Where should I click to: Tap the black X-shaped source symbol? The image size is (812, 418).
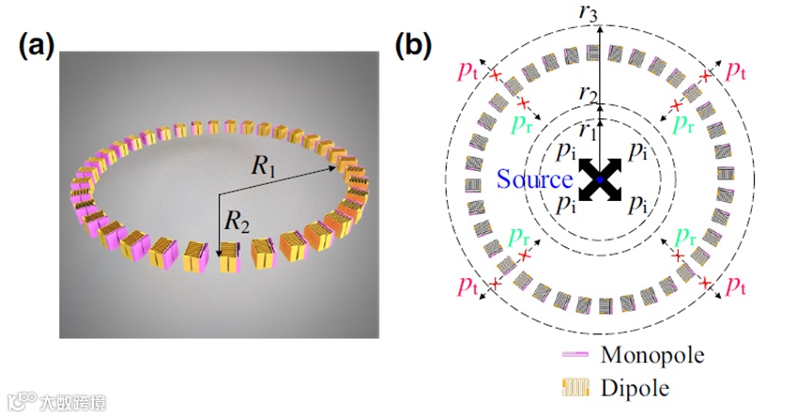599,178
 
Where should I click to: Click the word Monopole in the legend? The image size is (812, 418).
651,354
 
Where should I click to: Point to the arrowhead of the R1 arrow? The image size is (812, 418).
338,166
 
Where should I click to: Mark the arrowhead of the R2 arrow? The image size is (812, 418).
219,254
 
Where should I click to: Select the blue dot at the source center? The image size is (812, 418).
599,178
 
